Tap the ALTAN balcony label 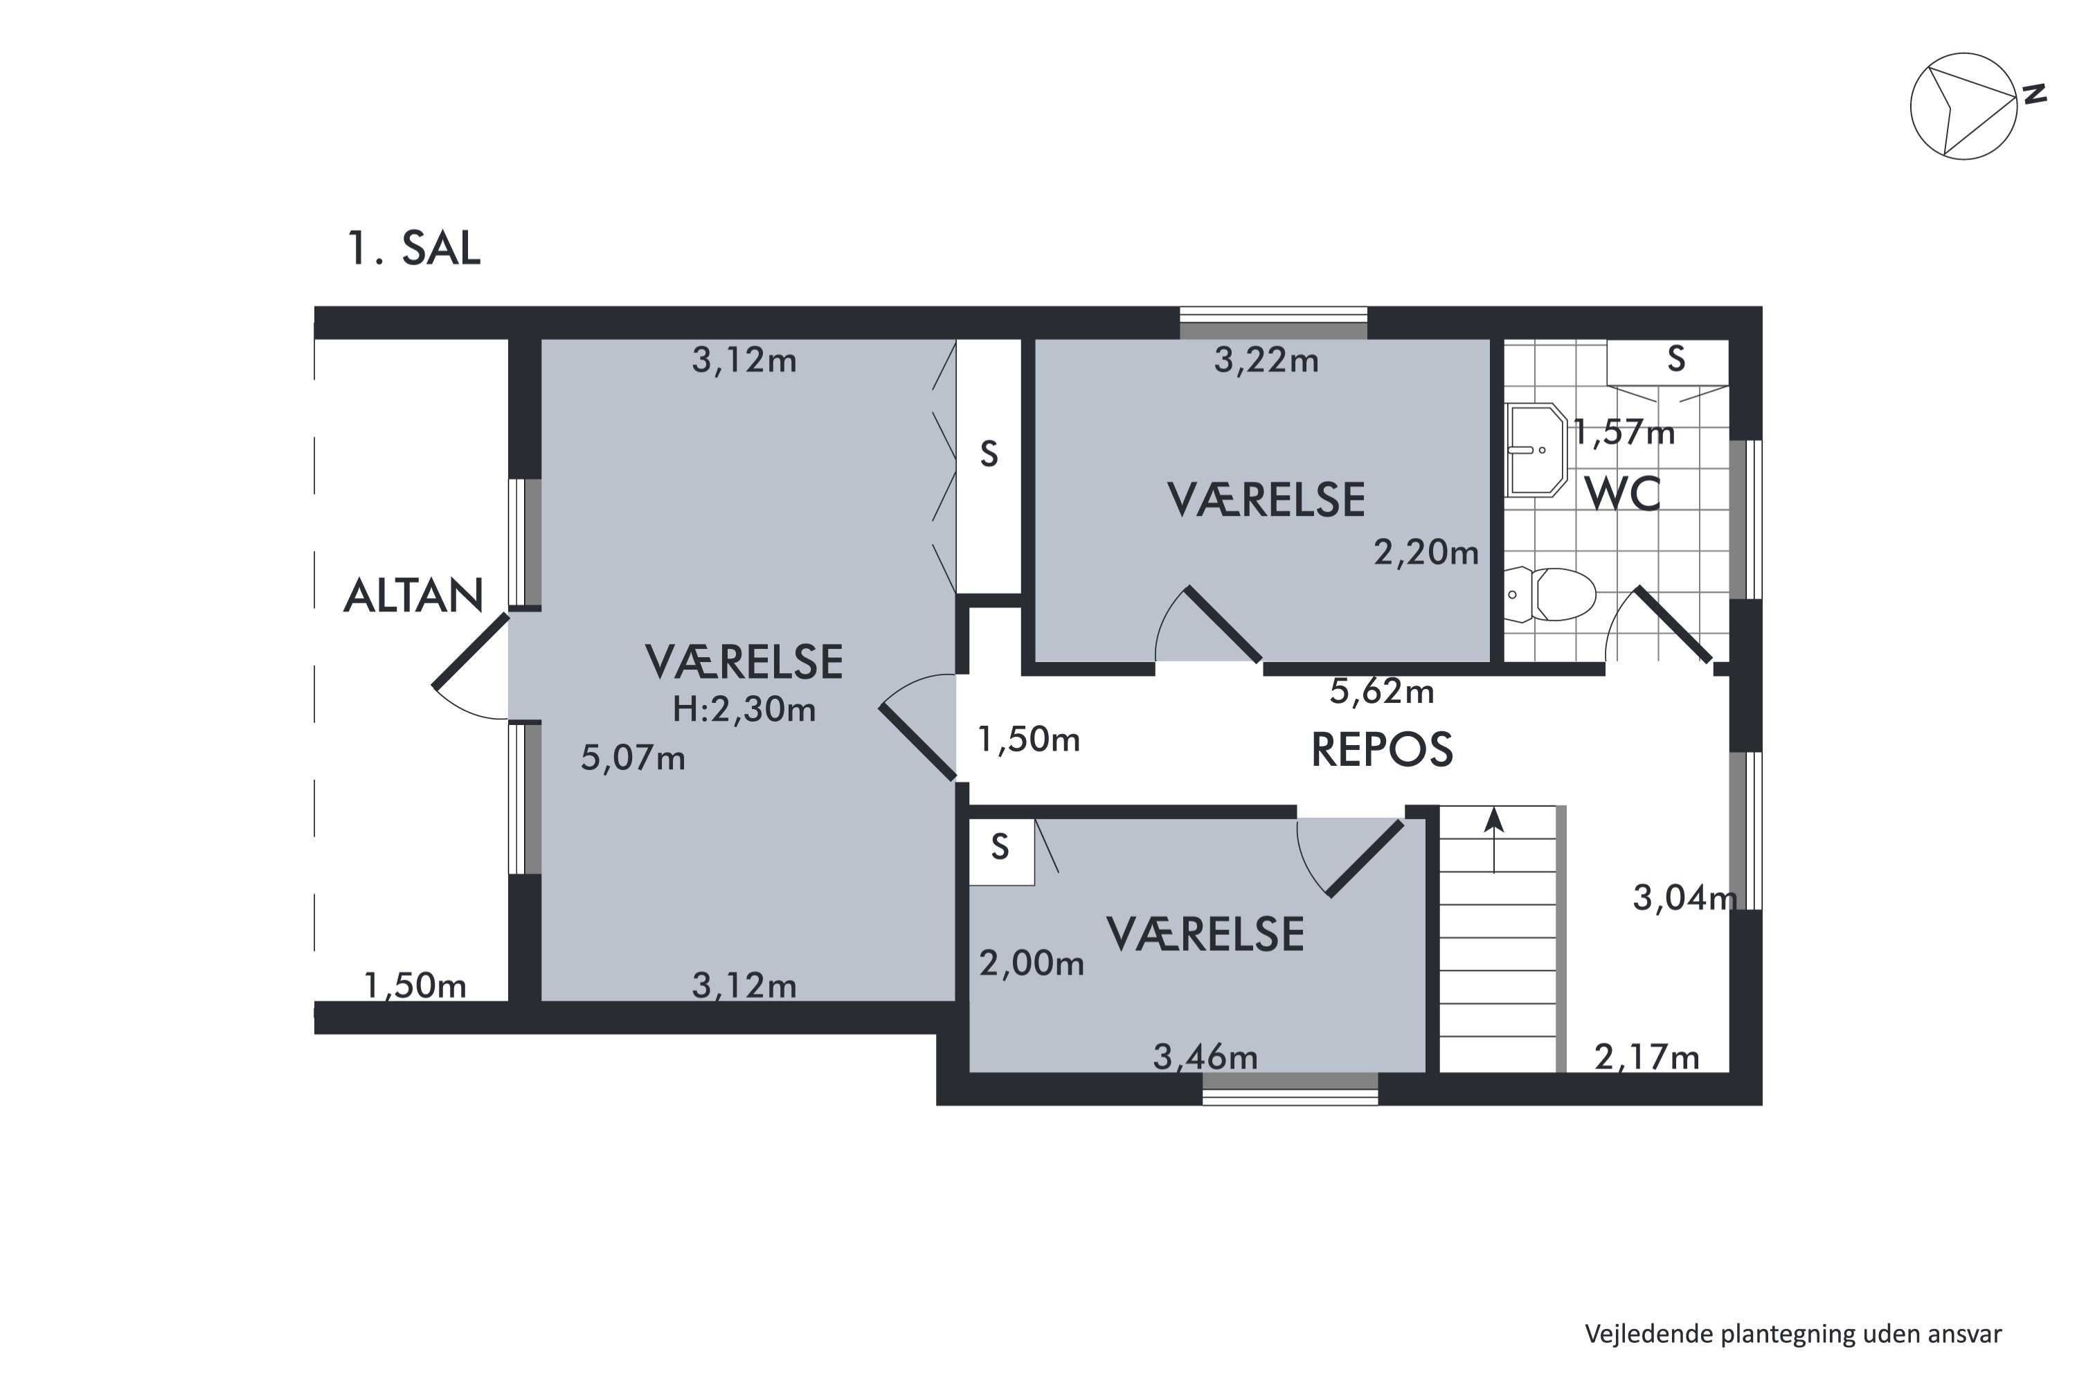413,596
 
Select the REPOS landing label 1381,750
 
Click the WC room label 1622,494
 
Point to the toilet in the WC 1552,594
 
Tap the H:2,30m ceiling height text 744,709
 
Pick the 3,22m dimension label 1266,360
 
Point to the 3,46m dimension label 1205,1057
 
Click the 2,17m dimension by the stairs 1646,1057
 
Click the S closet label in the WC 1675,359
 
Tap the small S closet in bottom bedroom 1000,848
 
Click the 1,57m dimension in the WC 1623,433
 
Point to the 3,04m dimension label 1683,898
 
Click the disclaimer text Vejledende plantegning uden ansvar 1792,1334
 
